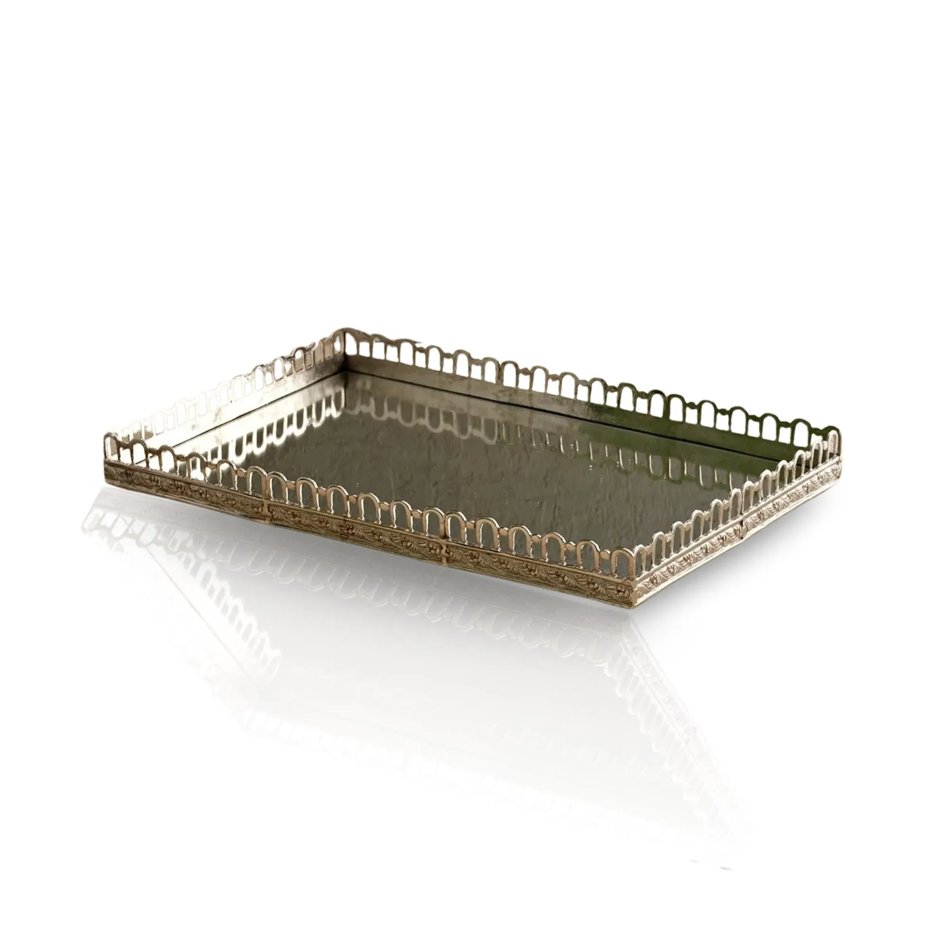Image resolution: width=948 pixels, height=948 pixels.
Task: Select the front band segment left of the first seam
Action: pos(186,486)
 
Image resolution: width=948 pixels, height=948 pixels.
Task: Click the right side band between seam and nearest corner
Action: pos(687,555)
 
